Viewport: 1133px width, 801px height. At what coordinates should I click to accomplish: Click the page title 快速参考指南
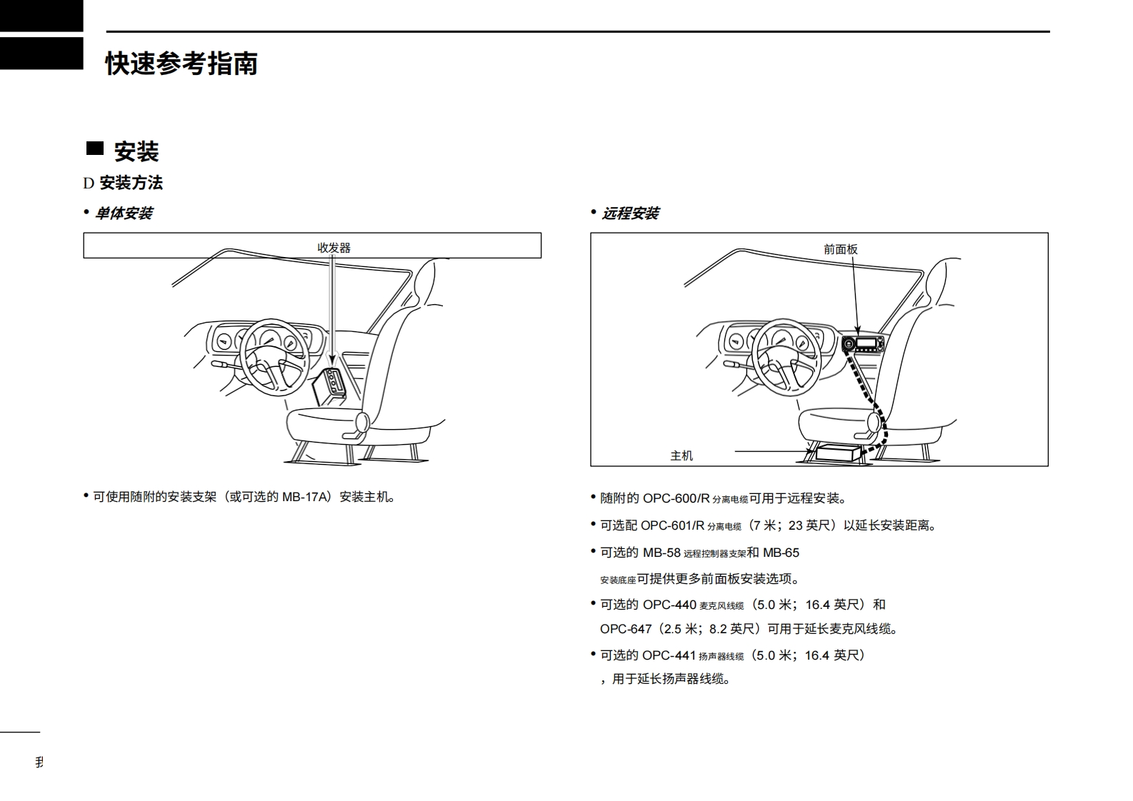181,64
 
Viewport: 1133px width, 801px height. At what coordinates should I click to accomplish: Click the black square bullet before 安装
94,148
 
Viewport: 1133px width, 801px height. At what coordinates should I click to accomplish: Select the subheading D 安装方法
123,183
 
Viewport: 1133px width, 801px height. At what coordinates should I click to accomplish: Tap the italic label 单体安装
124,213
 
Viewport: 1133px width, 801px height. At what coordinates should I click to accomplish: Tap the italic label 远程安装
630,213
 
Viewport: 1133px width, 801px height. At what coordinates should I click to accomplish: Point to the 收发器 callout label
334,248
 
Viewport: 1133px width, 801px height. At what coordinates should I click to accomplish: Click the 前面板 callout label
840,249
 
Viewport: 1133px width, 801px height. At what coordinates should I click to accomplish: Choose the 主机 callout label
682,455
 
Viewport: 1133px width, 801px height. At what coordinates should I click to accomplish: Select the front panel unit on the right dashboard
862,344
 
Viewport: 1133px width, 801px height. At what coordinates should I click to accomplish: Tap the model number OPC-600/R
676,498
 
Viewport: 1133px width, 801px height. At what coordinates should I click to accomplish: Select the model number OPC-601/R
672,525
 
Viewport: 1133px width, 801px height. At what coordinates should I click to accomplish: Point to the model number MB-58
662,553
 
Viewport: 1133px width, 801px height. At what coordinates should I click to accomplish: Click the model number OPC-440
669,605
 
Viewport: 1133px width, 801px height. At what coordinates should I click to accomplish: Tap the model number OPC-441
669,655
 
